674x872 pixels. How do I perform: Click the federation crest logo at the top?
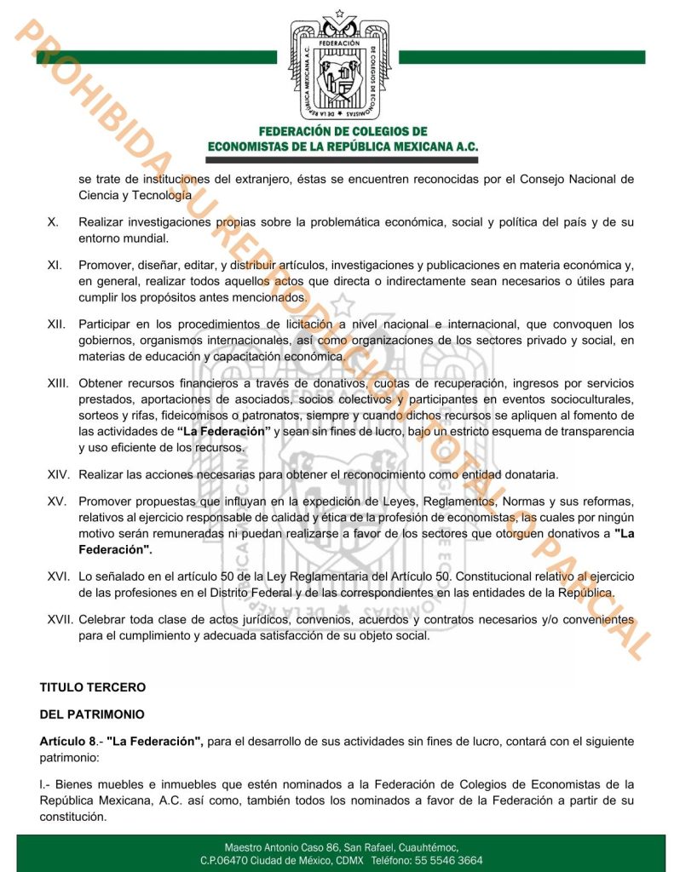coord(337,66)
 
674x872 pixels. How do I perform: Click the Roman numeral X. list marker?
coord(53,222)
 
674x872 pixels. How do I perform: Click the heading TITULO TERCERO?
coord(93,686)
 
